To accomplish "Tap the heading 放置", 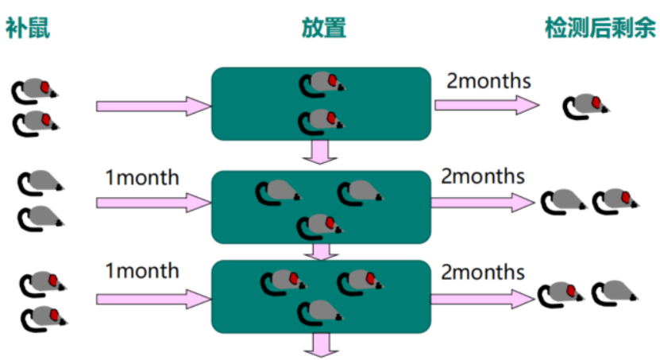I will [323, 29].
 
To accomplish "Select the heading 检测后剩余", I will [600, 29].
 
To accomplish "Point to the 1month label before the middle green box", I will [142, 177].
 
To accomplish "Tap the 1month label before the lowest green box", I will [142, 271].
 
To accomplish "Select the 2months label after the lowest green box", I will [483, 272].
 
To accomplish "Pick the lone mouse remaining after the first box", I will [585, 106].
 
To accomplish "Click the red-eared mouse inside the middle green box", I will [321, 226].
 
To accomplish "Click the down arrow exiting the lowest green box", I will [321, 344].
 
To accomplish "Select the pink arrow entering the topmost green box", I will [151, 105].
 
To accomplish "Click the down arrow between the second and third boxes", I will [321, 252].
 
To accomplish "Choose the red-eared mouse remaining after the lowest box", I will [561, 294].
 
